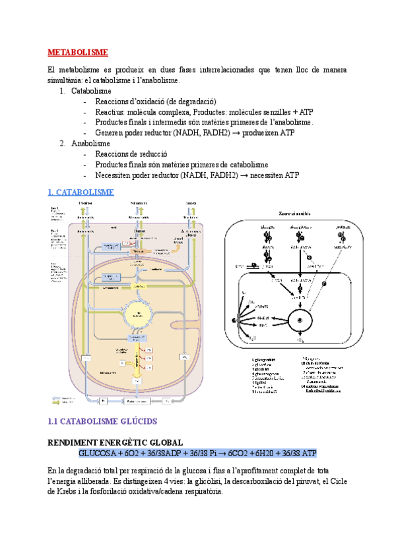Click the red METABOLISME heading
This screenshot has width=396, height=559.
78,52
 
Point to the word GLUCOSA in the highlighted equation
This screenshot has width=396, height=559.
97,453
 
